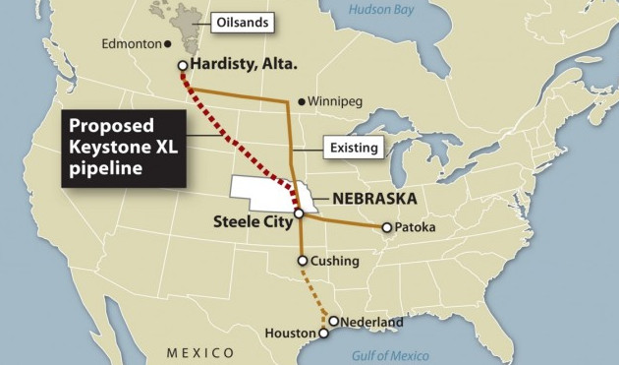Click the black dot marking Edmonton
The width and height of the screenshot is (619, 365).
tap(167, 44)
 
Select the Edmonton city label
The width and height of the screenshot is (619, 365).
tap(130, 44)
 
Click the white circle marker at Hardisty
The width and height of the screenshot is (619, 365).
tap(183, 66)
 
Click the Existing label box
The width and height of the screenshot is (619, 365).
tap(351, 148)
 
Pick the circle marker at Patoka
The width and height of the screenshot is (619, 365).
tap(387, 228)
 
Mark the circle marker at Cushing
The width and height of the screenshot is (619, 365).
tap(303, 262)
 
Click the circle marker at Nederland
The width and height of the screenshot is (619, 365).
tap(334, 322)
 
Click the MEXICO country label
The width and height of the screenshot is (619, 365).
tap(200, 352)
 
